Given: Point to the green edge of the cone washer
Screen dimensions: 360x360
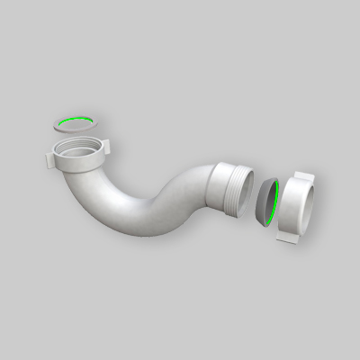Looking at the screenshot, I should tap(280, 199).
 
